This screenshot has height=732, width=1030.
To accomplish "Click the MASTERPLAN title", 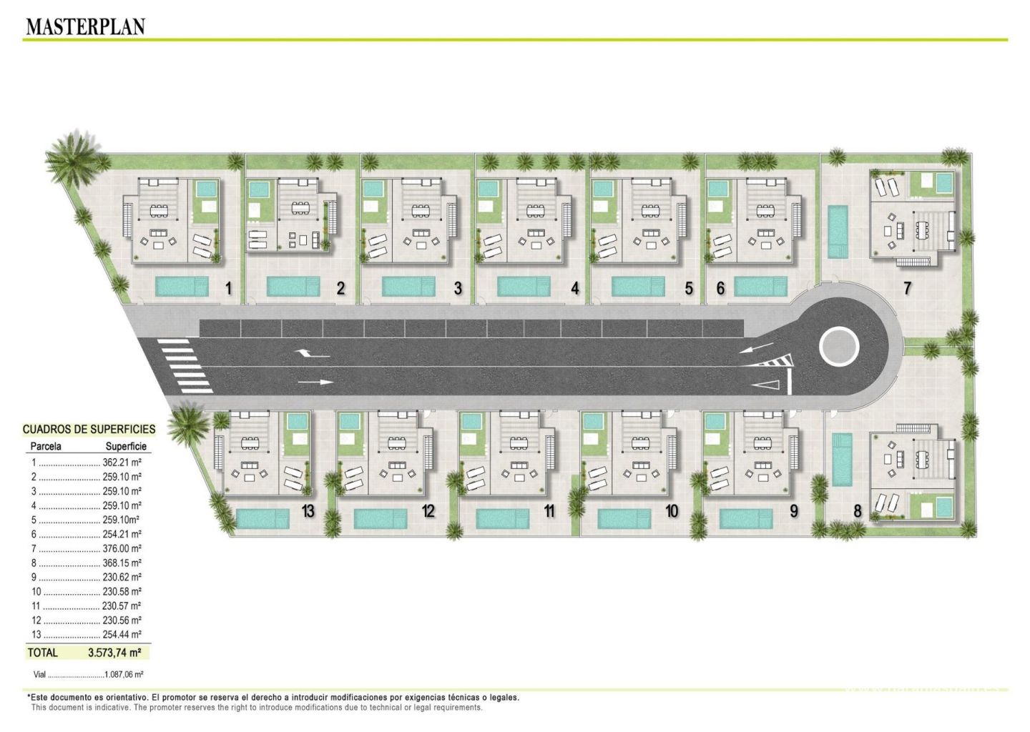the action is click(86, 26).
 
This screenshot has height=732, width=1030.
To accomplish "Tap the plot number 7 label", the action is click(907, 289).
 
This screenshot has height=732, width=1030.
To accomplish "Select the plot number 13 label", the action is click(308, 511).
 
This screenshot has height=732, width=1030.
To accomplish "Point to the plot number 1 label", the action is click(228, 289).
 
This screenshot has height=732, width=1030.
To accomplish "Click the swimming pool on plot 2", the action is click(293, 286).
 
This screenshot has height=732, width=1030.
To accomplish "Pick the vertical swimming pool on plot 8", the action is click(842, 460).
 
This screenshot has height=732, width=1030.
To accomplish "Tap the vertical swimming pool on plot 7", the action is click(838, 232).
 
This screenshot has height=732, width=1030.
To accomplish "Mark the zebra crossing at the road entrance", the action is click(185, 366).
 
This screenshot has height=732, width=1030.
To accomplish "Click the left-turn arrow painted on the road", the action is click(312, 354).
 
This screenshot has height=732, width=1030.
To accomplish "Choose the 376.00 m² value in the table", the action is click(122, 549).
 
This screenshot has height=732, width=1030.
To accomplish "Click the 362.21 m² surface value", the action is click(122, 463).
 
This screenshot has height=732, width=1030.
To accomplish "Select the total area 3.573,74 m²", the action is click(114, 653).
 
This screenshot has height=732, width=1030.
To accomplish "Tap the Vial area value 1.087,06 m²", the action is click(124, 675).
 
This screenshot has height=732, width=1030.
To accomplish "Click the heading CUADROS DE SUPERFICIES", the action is click(89, 429).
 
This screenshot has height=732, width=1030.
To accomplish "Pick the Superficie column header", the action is click(126, 446).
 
